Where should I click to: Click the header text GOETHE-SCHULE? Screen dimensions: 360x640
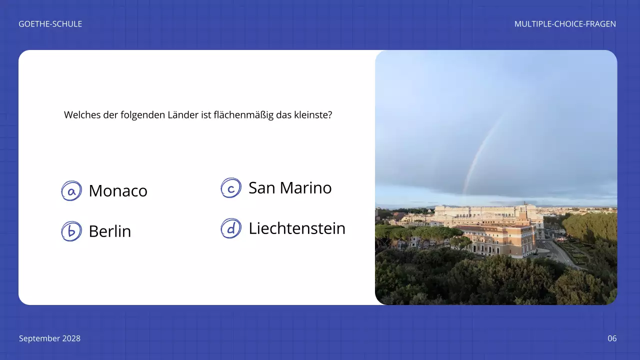point(50,24)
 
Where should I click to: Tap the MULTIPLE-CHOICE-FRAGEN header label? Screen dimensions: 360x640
point(565,24)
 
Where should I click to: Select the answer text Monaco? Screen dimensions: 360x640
point(118,191)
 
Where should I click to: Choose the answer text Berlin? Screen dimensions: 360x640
point(110,231)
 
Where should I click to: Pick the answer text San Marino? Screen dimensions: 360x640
point(290,188)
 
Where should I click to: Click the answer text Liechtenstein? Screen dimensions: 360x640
point(297,228)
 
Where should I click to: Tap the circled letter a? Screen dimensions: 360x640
point(71,191)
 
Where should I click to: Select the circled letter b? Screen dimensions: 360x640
point(71,231)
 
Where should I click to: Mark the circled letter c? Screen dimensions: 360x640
point(231,188)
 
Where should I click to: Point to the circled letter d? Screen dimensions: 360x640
point(231,228)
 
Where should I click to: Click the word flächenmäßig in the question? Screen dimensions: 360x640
point(242,115)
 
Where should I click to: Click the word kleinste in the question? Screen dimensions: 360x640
point(315,115)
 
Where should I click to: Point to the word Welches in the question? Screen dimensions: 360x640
point(79,115)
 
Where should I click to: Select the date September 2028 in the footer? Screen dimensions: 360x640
point(49,338)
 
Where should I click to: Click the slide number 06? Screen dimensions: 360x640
point(612,338)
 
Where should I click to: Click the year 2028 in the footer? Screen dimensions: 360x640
point(71,338)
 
